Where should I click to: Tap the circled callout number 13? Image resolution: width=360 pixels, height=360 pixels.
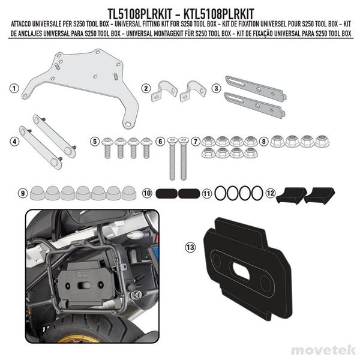click(x=190, y=246)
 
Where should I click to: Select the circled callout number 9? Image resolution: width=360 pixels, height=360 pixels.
click(x=22, y=193)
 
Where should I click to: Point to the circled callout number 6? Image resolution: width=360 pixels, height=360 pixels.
click(x=160, y=142)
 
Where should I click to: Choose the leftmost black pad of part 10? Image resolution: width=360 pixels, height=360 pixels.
click(x=166, y=194)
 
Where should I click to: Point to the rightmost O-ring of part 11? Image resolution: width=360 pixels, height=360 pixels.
click(x=257, y=193)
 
